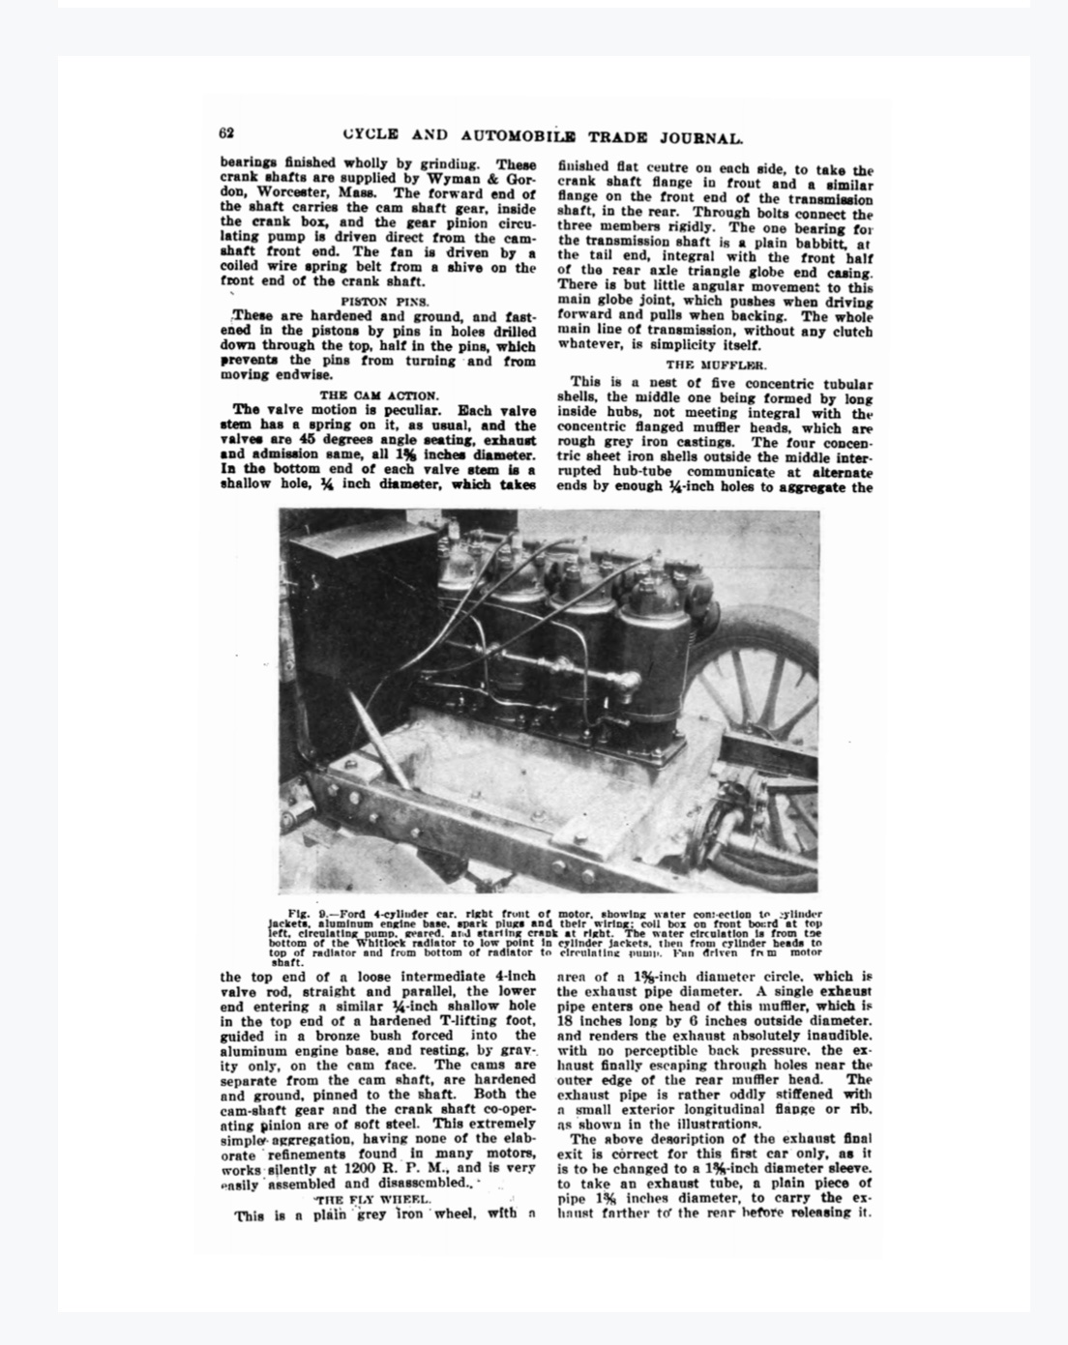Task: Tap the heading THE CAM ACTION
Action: tap(378, 395)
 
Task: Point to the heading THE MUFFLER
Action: tap(716, 365)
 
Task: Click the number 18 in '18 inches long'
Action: tap(566, 1021)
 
